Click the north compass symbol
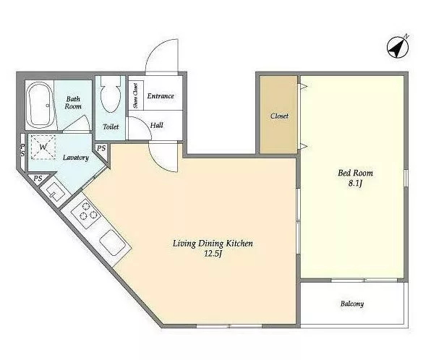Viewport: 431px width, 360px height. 398,48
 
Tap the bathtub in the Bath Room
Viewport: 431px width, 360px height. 40,105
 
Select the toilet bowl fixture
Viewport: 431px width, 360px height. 111,95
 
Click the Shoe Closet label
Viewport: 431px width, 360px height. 135,95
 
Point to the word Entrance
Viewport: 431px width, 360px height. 161,96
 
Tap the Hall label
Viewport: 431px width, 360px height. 157,125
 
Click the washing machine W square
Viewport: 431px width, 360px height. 43,147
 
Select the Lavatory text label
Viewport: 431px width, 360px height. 76,158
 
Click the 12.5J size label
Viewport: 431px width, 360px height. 213,254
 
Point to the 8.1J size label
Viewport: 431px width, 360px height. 355,183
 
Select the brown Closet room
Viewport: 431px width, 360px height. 278,115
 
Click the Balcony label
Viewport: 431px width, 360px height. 352,304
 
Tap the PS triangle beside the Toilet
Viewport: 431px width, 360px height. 101,153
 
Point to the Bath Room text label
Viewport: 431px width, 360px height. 73,103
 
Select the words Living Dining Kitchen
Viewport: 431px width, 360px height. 213,244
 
